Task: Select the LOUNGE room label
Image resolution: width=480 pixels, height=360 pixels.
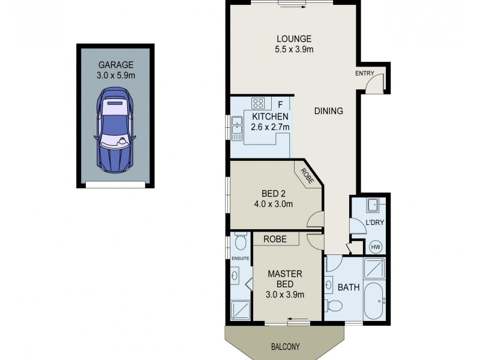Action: [294, 40]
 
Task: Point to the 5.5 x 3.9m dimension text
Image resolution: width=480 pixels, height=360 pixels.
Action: [294, 50]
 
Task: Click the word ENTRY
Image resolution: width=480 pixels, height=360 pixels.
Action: [364, 73]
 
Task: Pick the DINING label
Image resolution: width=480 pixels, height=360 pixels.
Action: [328, 111]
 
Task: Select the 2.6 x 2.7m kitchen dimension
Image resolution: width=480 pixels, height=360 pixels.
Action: [270, 127]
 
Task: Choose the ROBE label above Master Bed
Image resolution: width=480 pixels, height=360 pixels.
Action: [276, 239]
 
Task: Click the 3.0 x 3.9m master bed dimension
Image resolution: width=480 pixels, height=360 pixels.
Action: [285, 295]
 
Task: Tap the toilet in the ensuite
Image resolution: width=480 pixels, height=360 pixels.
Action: [241, 241]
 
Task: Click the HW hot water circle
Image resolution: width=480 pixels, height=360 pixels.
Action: [376, 246]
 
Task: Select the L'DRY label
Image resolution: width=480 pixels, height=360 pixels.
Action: [374, 223]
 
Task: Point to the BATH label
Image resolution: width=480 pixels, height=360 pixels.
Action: [348, 287]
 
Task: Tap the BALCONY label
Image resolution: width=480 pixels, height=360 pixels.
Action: [284, 346]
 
